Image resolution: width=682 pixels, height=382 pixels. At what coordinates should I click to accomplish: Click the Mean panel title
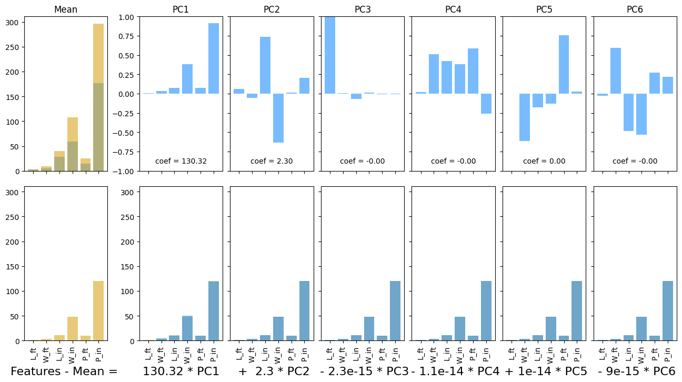[66, 9]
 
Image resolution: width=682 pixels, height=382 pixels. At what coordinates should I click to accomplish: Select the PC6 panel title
[635, 9]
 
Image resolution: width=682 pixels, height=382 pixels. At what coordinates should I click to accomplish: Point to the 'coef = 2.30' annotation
[272, 161]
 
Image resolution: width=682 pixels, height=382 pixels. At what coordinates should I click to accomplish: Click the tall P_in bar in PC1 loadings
[214, 58]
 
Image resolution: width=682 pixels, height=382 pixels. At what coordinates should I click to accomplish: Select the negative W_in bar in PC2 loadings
[278, 118]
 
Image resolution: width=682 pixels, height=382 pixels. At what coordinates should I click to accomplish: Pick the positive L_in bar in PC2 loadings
[265, 65]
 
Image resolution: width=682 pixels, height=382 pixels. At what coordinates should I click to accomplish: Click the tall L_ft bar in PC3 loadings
[330, 55]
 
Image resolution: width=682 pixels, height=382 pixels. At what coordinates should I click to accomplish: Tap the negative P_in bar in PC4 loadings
[486, 104]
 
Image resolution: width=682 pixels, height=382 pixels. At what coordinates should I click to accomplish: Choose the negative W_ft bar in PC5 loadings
[525, 117]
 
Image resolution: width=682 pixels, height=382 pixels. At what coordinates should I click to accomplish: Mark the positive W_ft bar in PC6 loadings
[616, 71]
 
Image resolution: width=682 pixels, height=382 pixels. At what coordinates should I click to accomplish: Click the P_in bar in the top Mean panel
[98, 97]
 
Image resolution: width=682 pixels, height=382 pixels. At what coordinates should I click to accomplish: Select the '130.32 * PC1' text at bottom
[180, 371]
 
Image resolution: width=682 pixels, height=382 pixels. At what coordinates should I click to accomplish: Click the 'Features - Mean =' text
[64, 371]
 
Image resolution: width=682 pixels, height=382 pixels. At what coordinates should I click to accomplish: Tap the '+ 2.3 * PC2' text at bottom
[274, 371]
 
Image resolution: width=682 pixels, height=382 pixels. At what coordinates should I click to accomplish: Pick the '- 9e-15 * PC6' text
[636, 371]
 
